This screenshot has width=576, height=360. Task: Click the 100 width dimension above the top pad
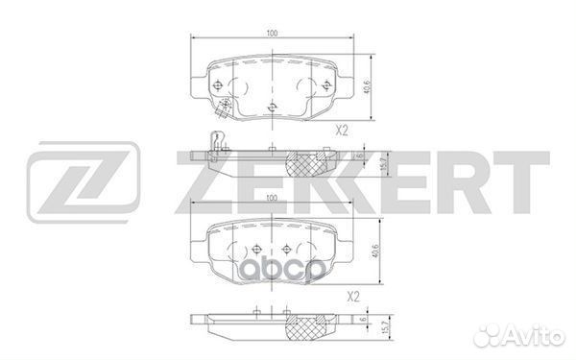coord(273,35)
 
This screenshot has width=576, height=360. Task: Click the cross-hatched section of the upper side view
coord(309,162)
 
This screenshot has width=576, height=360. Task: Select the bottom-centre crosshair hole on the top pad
coord(273,107)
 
